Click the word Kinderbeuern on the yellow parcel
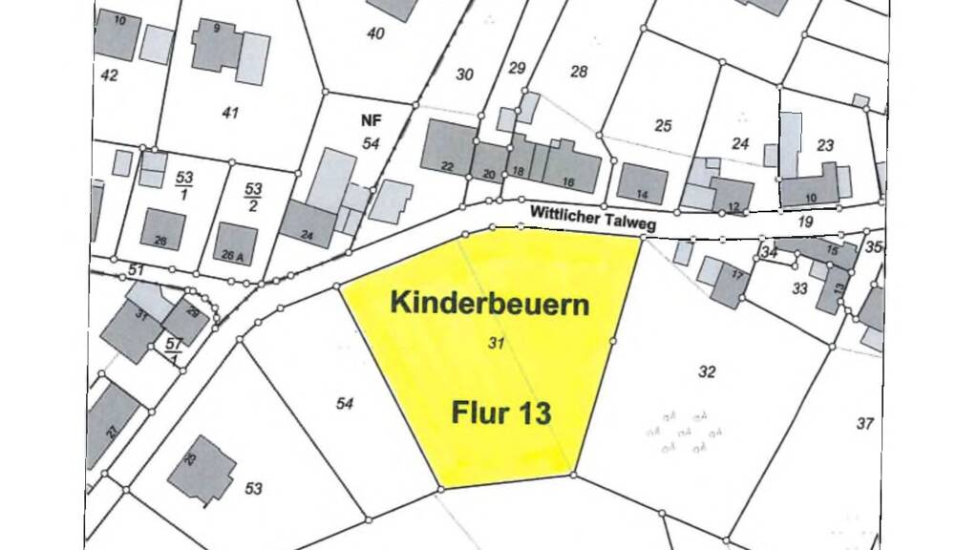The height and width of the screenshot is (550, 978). (489, 305)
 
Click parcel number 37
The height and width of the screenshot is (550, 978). (864, 423)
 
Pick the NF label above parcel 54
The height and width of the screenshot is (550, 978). (372, 121)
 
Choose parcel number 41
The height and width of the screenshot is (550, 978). (229, 113)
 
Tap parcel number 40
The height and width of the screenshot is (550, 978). (375, 33)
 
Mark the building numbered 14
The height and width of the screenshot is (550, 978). (642, 182)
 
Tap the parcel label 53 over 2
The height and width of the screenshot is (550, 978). (254, 197)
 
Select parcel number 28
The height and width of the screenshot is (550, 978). (579, 72)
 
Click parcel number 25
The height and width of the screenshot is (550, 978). (663, 125)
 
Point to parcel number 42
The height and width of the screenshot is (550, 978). (109, 74)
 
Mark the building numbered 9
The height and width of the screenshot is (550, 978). (217, 44)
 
